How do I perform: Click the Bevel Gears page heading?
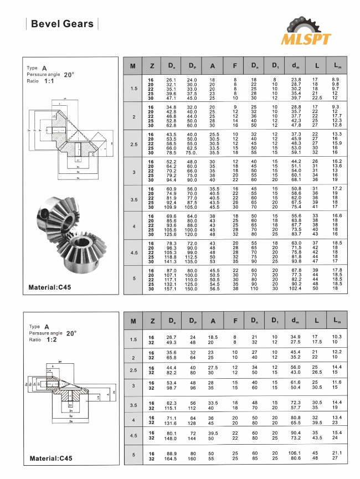click(61, 24)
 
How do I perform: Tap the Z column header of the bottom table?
click(151, 321)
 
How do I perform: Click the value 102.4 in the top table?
click(295, 289)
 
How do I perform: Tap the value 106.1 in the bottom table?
click(295, 453)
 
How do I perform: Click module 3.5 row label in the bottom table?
click(133, 406)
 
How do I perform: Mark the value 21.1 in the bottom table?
click(336, 453)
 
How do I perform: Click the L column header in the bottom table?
click(316, 321)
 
